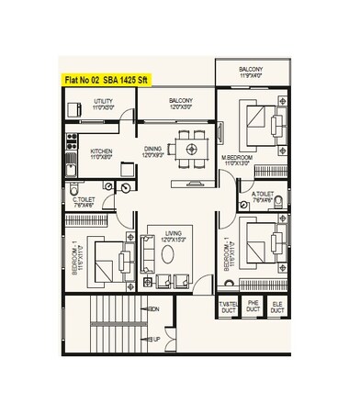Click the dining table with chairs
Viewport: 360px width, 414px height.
tap(191, 147)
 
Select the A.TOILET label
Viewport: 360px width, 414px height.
tap(263, 194)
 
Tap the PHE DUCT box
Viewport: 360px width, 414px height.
tap(254, 308)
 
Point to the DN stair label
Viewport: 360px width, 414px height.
tap(154, 309)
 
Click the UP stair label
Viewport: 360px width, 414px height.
tap(154, 339)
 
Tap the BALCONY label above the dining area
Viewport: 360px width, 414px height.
tap(181, 103)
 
